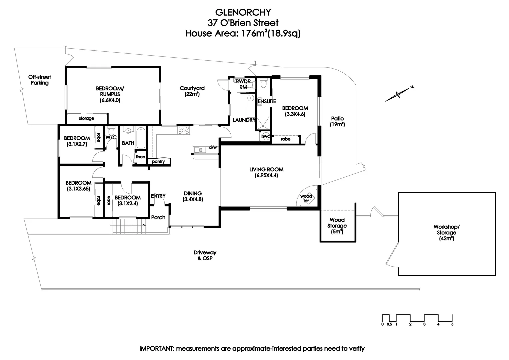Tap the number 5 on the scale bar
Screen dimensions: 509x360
click(x=452, y=324)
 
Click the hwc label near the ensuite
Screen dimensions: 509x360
click(x=265, y=136)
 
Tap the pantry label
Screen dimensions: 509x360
click(x=158, y=162)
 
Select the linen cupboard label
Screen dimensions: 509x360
click(x=140, y=157)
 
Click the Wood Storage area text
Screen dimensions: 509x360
click(x=337, y=226)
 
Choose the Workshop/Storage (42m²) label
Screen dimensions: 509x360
click(x=447, y=233)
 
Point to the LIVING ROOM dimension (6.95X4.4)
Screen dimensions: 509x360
click(x=266, y=175)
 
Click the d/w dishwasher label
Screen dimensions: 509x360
click(x=213, y=147)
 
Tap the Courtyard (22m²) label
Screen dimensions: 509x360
click(x=192, y=91)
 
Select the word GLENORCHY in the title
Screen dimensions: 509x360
click(x=243, y=12)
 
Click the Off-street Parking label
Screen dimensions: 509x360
click(x=40, y=80)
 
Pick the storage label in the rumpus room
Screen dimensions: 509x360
click(x=86, y=118)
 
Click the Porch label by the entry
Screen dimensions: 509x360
click(x=158, y=217)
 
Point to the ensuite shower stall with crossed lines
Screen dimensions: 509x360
click(x=263, y=123)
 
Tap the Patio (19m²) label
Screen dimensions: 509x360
click(x=337, y=121)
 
